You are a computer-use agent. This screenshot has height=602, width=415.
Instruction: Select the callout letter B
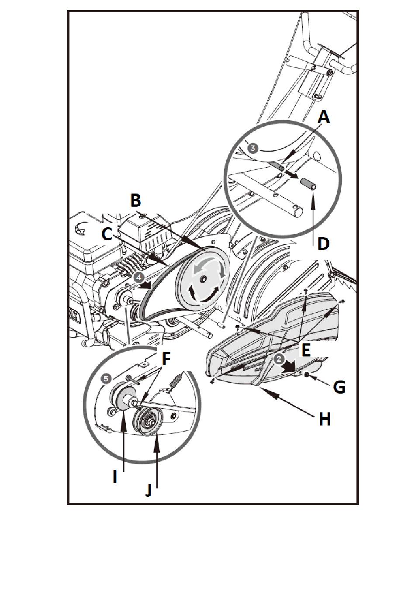[x=136, y=201]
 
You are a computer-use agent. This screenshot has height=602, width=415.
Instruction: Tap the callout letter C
[x=107, y=233]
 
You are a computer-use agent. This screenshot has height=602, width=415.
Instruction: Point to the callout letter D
[x=323, y=243]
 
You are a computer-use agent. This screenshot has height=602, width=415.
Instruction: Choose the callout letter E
[x=306, y=349]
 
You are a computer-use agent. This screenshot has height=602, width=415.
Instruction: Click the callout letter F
[x=166, y=359]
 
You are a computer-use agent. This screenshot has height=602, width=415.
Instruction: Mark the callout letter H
[x=324, y=419]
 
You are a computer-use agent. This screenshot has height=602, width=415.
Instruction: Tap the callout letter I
[x=114, y=477]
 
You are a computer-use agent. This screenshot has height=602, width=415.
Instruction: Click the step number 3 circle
[x=253, y=148]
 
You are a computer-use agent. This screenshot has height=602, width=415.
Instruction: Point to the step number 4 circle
[x=138, y=277]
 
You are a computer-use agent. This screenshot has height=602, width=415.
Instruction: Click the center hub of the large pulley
[x=203, y=278]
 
